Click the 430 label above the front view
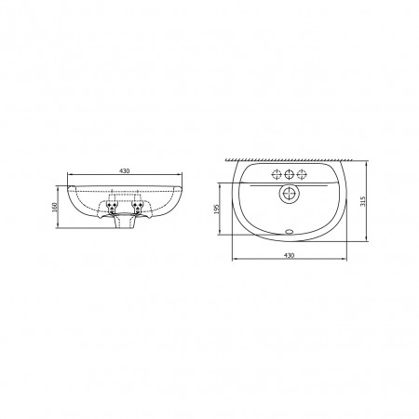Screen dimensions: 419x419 (125, 170)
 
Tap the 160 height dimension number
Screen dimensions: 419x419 (54, 207)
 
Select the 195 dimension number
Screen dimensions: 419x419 (217, 209)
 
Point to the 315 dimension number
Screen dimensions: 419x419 (363, 201)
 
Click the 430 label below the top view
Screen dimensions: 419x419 (289, 255)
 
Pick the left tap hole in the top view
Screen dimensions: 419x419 (277, 175)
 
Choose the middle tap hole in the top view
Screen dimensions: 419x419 (290, 175)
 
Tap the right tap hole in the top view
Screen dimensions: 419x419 (302, 175)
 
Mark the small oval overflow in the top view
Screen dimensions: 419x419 (290, 231)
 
